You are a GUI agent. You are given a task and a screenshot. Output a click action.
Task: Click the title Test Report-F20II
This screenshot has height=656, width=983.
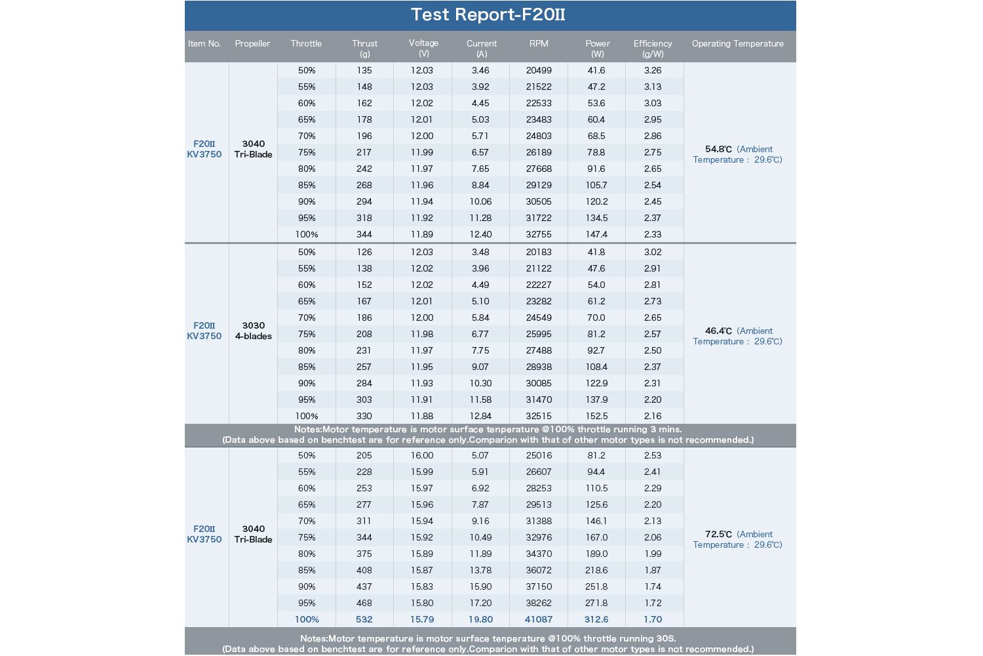click(x=488, y=14)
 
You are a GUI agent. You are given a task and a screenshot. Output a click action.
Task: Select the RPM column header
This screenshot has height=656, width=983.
click(x=539, y=43)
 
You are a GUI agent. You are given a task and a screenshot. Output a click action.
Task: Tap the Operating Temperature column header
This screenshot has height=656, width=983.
click(x=738, y=43)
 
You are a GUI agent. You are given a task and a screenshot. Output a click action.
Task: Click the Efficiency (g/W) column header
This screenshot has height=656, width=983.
click(x=653, y=49)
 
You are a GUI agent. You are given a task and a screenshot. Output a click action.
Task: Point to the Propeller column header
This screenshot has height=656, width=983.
click(x=252, y=43)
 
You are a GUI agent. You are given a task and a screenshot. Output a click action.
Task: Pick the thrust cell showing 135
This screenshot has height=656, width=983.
click(x=364, y=70)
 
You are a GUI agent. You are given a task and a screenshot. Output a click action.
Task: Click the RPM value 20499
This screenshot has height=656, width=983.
click(x=539, y=70)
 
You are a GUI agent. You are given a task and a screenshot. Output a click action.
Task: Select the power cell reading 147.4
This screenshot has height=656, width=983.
click(x=596, y=234)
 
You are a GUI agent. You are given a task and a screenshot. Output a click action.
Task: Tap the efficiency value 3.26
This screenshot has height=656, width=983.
click(x=653, y=70)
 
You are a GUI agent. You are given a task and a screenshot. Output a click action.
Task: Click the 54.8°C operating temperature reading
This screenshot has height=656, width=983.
click(x=718, y=150)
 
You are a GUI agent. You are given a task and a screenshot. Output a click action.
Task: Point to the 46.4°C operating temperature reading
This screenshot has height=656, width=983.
click(x=718, y=331)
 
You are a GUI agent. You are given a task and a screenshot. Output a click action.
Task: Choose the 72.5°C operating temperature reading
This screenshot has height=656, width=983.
click(x=718, y=534)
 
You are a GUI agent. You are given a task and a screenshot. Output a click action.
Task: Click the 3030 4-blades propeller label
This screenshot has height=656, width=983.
click(x=253, y=331)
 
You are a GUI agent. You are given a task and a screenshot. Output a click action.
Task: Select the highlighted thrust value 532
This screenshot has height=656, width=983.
click(x=364, y=619)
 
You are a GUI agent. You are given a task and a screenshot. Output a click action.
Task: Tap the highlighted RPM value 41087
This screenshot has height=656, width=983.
click(x=539, y=619)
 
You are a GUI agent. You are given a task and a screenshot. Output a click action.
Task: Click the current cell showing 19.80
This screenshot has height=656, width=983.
click(x=480, y=619)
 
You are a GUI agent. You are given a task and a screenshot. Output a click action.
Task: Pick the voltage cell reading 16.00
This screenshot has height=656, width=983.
click(x=422, y=456)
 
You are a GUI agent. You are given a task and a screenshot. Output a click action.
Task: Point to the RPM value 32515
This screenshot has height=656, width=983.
click(x=539, y=416)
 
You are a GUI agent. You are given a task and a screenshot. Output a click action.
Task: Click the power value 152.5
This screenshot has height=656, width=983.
click(x=596, y=416)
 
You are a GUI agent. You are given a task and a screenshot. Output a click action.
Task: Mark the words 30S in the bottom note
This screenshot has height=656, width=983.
click(x=665, y=638)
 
